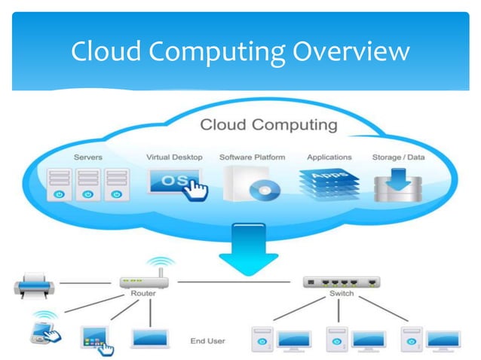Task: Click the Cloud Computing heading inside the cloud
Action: click(x=268, y=124)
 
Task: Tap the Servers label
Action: click(x=88, y=157)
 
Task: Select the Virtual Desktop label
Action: click(x=174, y=157)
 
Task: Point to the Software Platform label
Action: click(x=252, y=157)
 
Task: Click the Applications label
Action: click(x=329, y=157)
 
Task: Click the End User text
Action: click(x=207, y=341)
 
